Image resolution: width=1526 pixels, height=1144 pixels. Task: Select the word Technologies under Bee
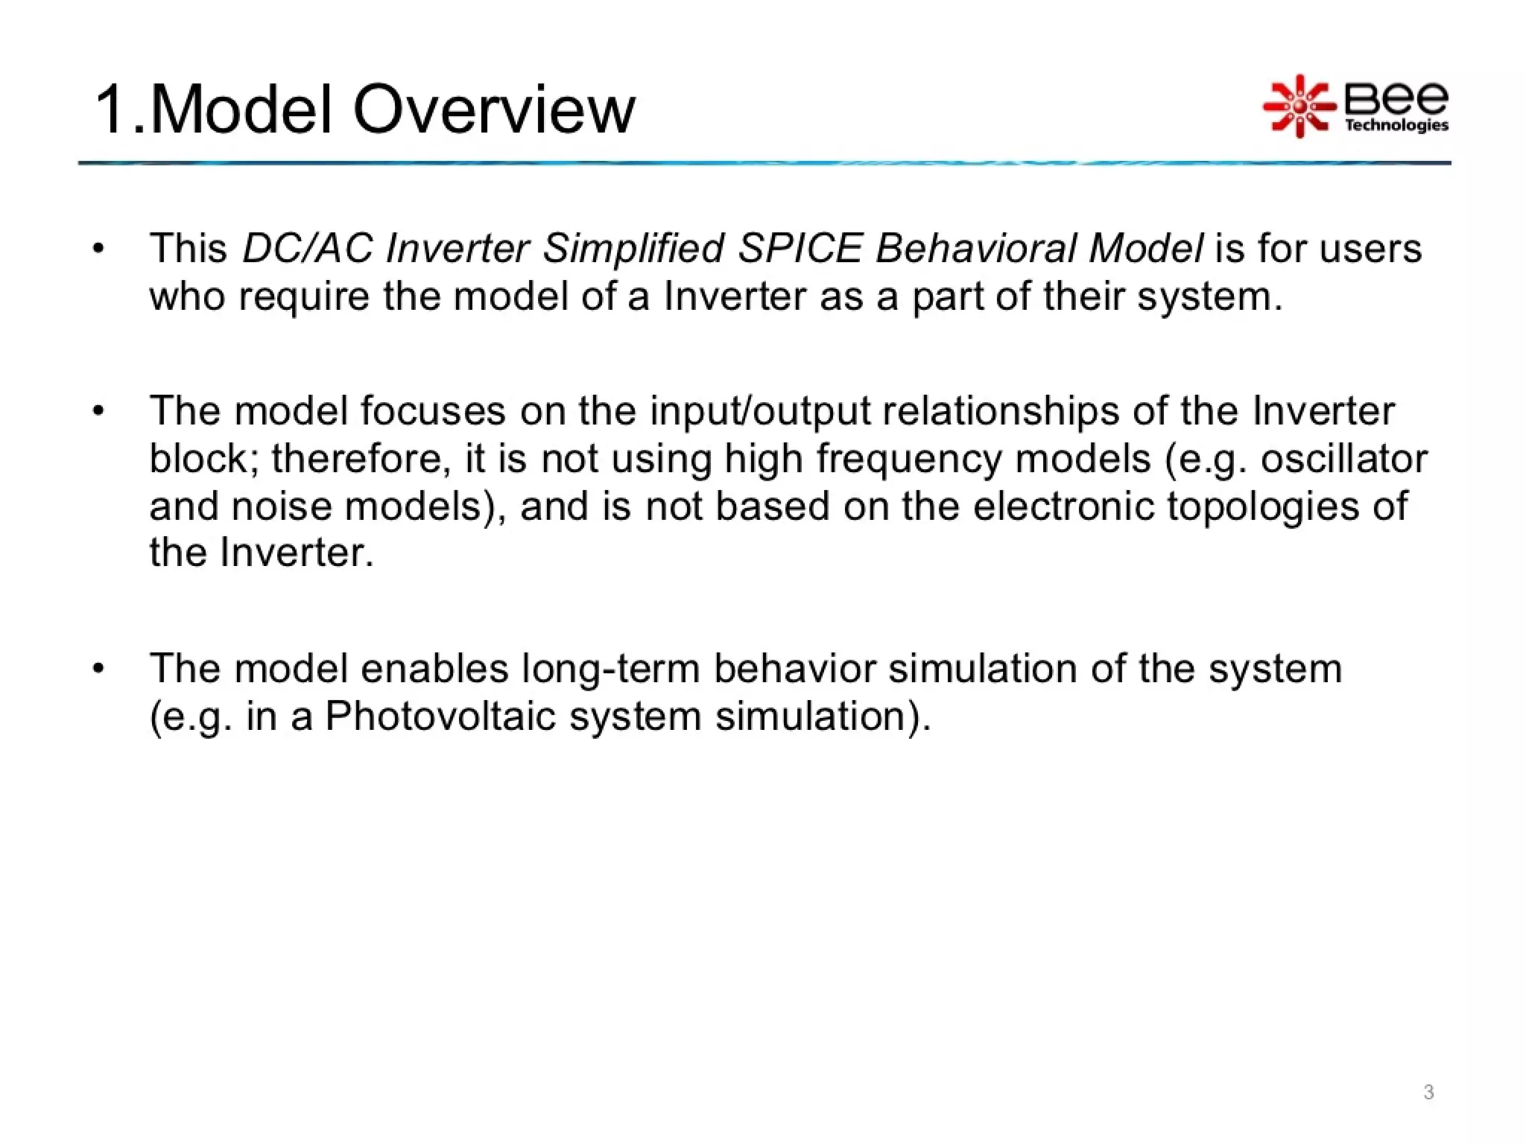[1396, 125]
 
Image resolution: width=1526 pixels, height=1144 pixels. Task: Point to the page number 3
[1428, 1092]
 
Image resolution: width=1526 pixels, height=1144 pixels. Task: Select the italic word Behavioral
[975, 248]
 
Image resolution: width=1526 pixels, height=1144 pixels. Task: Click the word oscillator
[1343, 458]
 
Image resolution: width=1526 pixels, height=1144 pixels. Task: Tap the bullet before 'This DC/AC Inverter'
[98, 249]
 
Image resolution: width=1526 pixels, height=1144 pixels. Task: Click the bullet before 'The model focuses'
[98, 411]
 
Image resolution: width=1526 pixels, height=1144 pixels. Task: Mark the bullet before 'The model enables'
[98, 668]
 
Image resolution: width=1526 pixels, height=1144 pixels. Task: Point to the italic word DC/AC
[307, 248]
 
